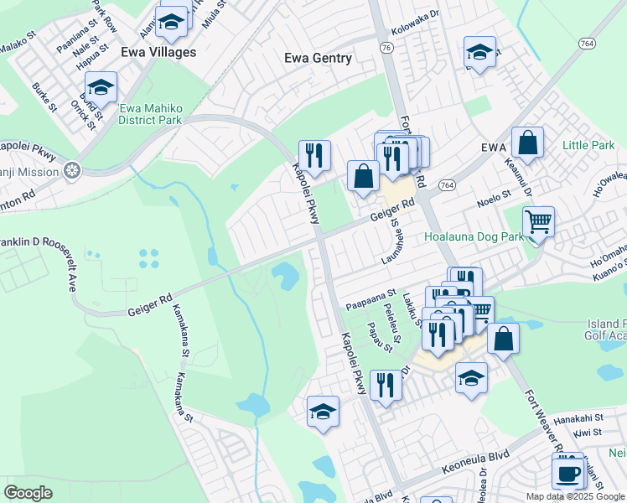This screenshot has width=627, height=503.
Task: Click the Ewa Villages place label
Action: tap(158, 52)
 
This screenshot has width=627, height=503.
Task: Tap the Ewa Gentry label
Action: tap(318, 58)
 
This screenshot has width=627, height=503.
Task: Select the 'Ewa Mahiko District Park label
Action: tap(150, 114)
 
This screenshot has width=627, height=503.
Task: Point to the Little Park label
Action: tap(588, 145)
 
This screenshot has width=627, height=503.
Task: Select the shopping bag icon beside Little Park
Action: tap(528, 143)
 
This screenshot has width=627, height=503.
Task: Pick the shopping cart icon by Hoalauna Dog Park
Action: tap(538, 223)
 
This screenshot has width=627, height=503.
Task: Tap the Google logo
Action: tap(28, 493)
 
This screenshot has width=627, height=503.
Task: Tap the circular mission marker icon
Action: tap(72, 171)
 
